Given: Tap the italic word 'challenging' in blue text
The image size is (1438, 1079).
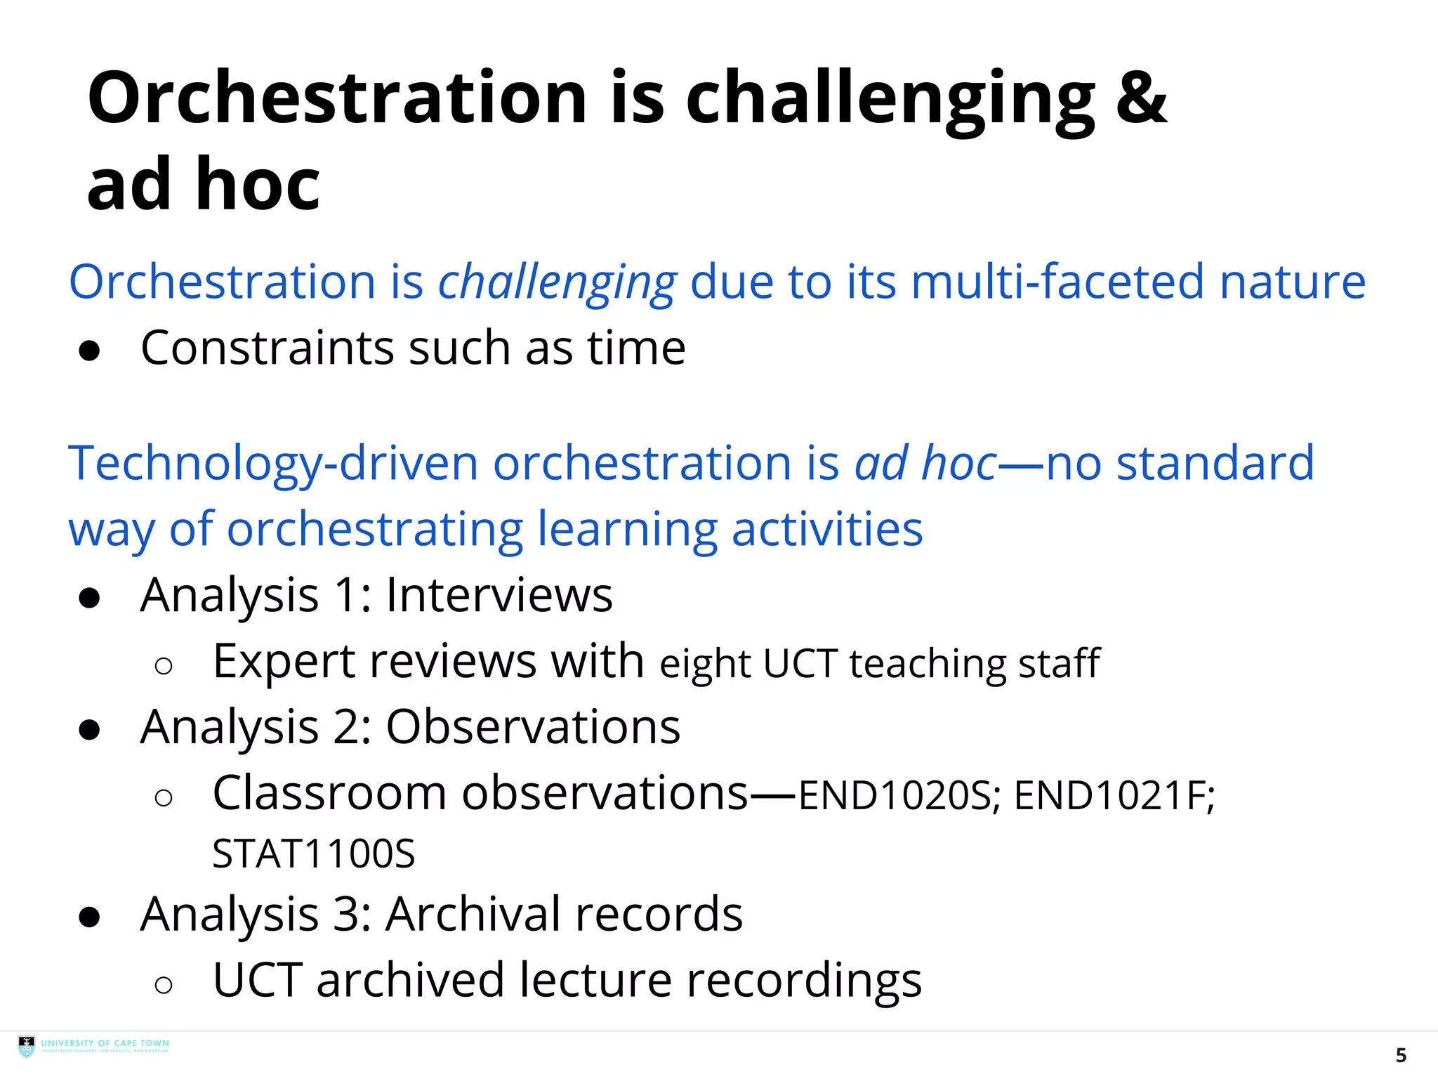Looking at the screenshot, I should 558,282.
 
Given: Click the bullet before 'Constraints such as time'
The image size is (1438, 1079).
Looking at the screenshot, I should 90,351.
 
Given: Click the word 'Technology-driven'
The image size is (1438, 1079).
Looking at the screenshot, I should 272,464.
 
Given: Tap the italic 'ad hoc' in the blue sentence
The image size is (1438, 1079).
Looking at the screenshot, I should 925,464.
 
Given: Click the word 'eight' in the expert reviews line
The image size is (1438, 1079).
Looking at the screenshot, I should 705,664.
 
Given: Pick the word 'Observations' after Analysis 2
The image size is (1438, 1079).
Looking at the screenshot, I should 533,726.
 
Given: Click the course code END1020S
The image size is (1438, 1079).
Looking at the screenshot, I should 895,796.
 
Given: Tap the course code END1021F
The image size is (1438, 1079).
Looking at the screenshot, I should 1114,796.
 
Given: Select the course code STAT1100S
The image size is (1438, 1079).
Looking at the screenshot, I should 313,854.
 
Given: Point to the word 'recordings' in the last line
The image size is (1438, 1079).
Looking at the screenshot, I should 803,981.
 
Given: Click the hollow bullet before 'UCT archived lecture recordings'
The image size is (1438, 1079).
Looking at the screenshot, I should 164,985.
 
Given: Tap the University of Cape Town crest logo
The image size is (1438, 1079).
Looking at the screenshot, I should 27,1046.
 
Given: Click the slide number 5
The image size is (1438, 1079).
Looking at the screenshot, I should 1400,1055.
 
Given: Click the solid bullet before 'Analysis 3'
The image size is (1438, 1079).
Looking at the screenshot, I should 90,917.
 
